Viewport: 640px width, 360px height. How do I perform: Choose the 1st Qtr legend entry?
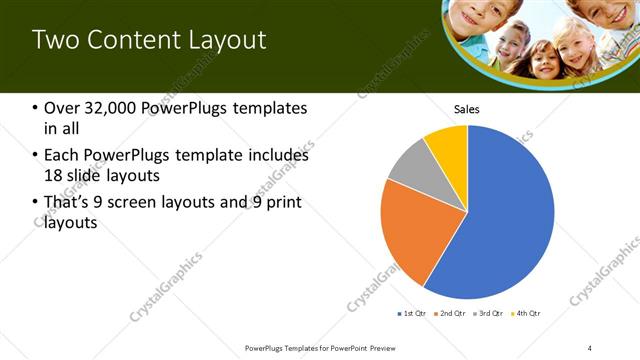coord(412,314)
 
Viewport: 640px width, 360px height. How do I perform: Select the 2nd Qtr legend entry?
coord(450,314)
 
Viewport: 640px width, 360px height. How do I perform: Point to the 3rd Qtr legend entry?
coord(488,314)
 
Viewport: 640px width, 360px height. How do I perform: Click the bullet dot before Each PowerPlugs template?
coord(36,156)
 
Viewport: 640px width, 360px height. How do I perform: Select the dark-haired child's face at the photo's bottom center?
coord(544,60)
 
